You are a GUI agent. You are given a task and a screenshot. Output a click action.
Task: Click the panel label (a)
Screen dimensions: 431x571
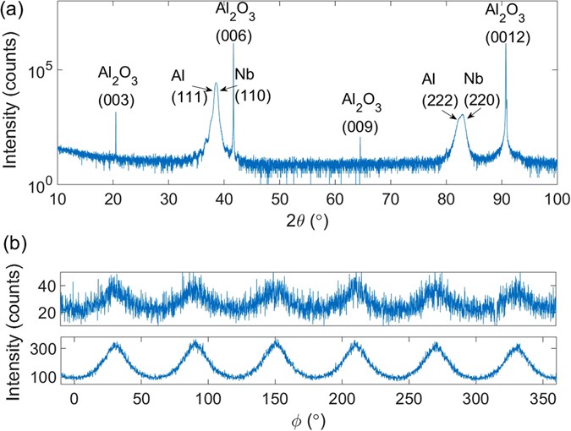13,11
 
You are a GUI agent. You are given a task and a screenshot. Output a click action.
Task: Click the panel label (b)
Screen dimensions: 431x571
13,245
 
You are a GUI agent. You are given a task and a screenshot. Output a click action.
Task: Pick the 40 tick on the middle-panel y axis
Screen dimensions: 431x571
45,286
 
